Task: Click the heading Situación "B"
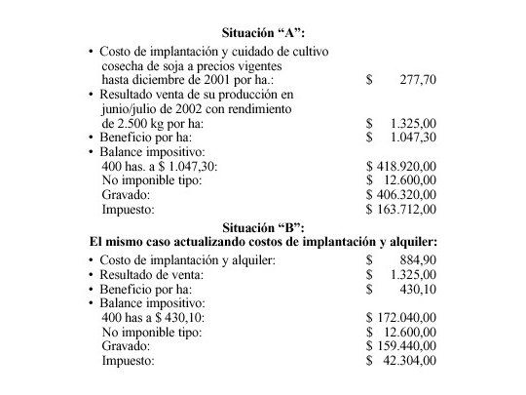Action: (263, 227)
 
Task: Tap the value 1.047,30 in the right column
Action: (411, 138)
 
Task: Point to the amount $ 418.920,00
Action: (400, 167)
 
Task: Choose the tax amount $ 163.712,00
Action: (400, 209)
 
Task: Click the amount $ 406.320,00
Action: (400, 195)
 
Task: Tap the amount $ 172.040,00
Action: (400, 318)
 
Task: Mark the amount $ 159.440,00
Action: (400, 346)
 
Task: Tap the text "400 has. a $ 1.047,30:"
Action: (160, 167)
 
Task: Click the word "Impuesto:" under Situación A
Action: (128, 209)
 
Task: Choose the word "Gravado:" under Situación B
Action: (127, 346)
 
